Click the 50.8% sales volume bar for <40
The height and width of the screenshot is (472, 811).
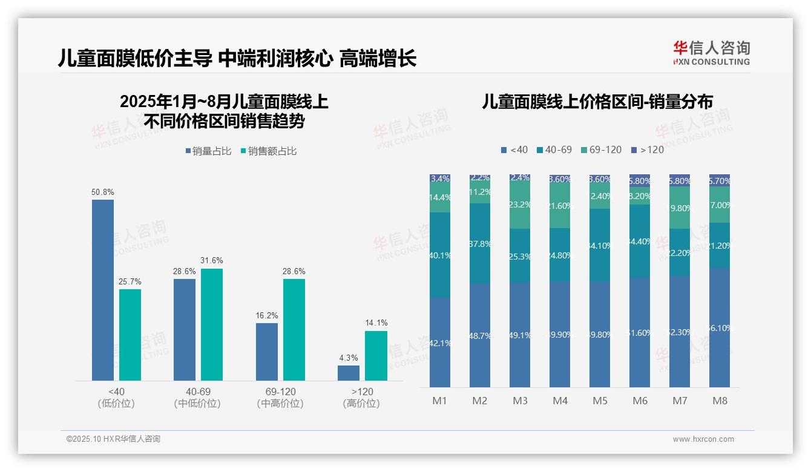tap(102, 290)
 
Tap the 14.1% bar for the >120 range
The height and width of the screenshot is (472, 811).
tap(376, 356)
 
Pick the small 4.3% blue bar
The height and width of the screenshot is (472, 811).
tap(349, 373)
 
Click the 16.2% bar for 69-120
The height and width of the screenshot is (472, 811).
tap(267, 352)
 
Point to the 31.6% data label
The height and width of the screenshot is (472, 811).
tap(212, 261)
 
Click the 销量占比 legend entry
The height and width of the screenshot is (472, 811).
tap(208, 151)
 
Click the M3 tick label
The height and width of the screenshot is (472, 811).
tap(520, 401)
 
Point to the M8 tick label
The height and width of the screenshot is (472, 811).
tap(720, 401)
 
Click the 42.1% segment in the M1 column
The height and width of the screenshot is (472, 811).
tap(440, 342)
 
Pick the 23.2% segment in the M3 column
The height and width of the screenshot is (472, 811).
tap(520, 205)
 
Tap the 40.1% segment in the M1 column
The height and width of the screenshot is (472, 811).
tap(440, 255)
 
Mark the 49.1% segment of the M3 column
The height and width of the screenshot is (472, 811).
tap(520, 335)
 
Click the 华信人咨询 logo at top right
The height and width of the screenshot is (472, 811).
tap(711, 53)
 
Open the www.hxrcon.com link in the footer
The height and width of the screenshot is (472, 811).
tap(703, 439)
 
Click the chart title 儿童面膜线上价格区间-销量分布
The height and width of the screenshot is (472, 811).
tap(597, 101)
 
